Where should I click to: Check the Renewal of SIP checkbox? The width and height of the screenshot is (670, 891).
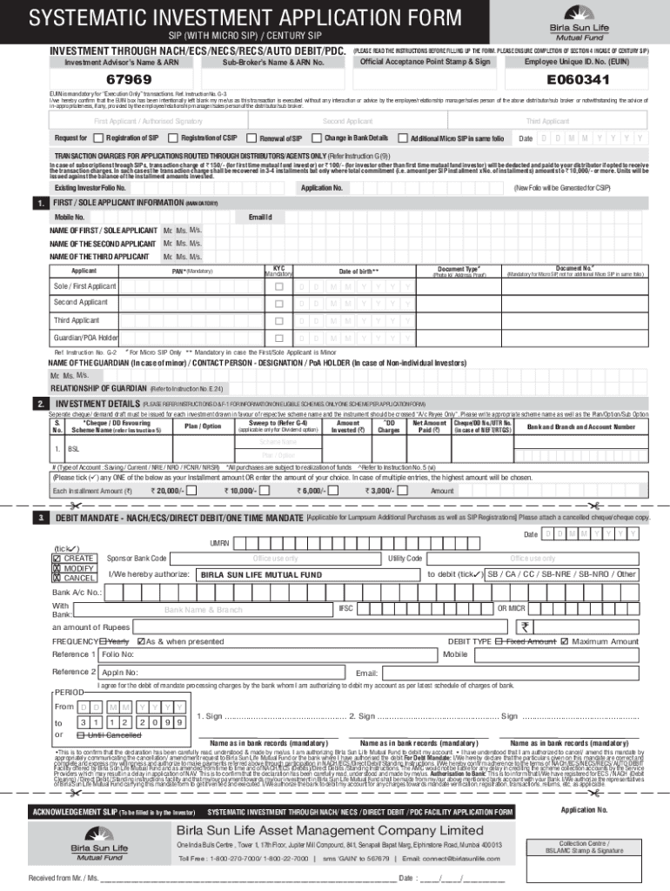(x=253, y=138)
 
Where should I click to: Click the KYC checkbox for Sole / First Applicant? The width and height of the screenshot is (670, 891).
(x=278, y=286)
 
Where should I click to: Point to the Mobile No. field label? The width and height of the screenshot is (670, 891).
(x=70, y=216)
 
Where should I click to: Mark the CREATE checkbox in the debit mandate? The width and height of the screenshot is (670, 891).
(x=57, y=558)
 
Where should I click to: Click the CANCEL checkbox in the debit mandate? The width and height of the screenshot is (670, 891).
(x=57, y=578)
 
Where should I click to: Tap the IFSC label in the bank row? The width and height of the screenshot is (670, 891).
(x=345, y=606)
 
